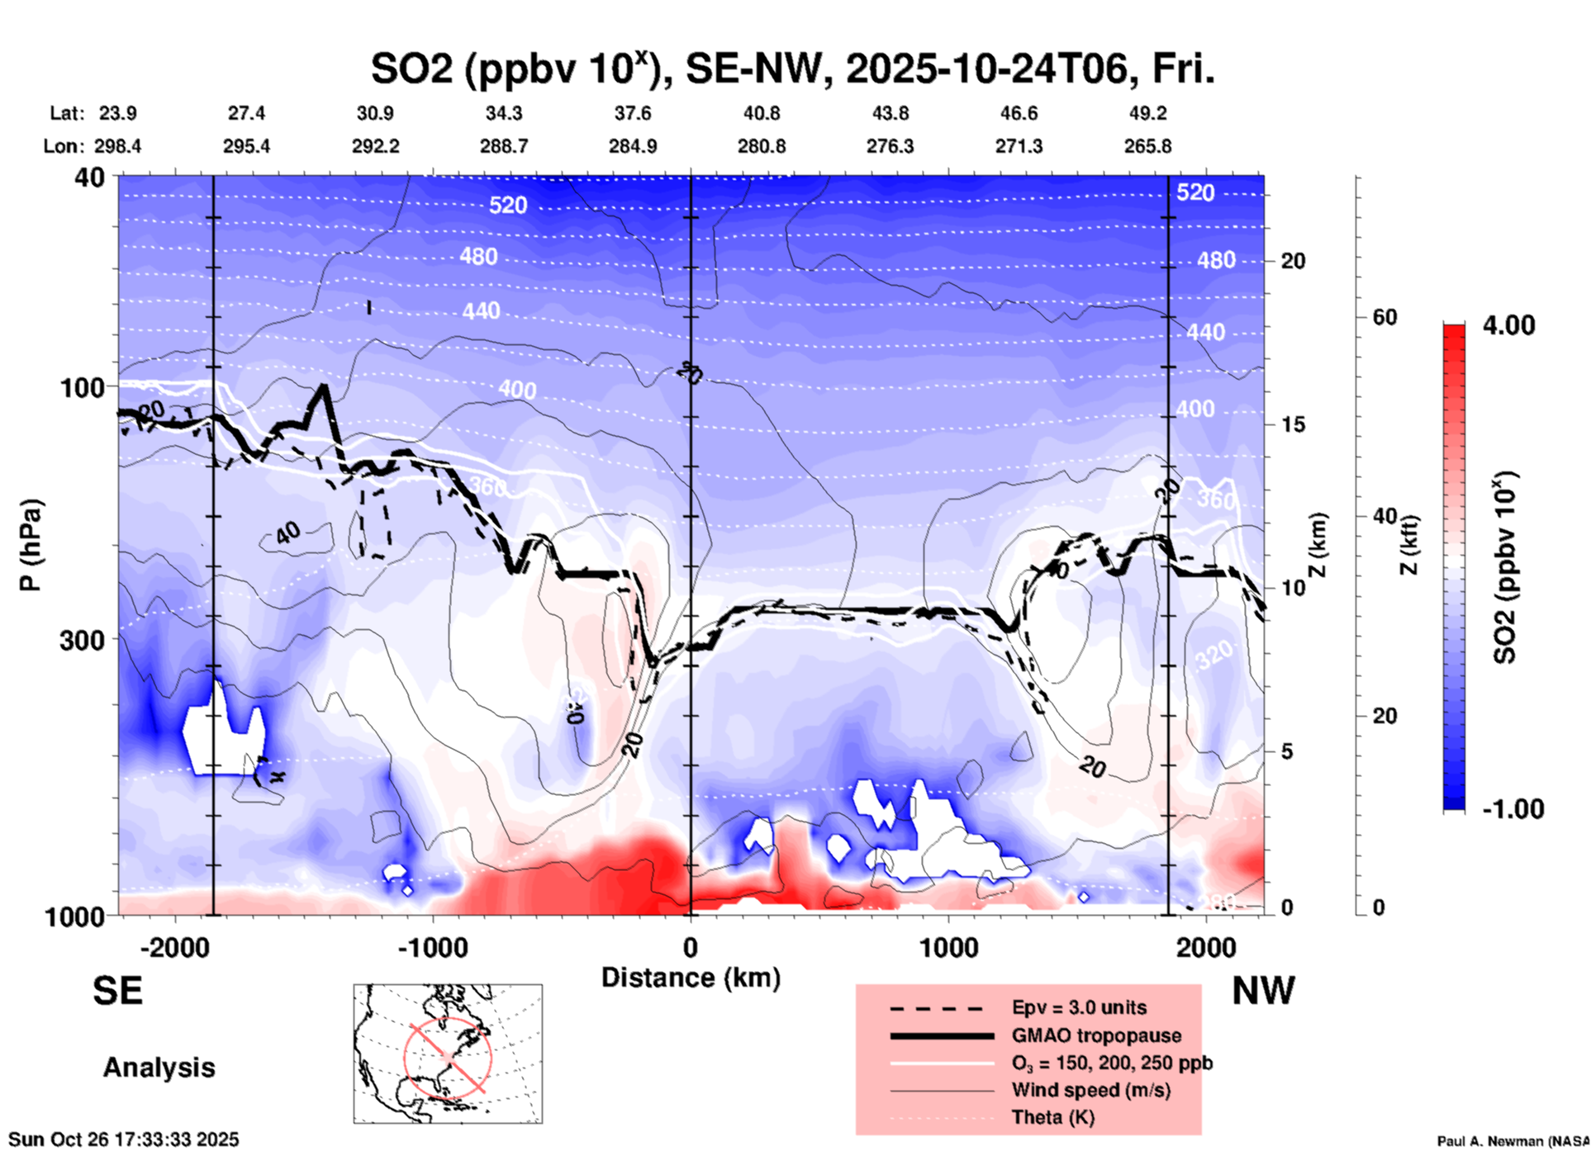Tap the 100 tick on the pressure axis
(x=83, y=387)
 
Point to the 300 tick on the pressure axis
(x=83, y=640)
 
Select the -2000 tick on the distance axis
(x=175, y=947)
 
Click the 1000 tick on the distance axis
(x=948, y=947)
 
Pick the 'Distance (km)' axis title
(x=691, y=978)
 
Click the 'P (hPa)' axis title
(x=31, y=545)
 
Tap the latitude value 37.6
(x=633, y=113)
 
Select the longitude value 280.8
(x=762, y=147)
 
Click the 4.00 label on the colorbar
(x=1508, y=325)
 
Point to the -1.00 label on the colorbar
(x=1513, y=809)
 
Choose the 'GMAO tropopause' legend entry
(x=1096, y=1035)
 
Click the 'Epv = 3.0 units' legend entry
(x=1079, y=1007)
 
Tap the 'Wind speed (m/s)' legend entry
(x=1090, y=1090)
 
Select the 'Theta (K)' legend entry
(x=1053, y=1117)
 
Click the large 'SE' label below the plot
(x=117, y=991)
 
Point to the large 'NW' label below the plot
(x=1263, y=991)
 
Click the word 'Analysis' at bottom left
(x=159, y=1068)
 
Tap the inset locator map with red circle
(x=448, y=1054)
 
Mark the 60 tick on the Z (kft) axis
(x=1384, y=317)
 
